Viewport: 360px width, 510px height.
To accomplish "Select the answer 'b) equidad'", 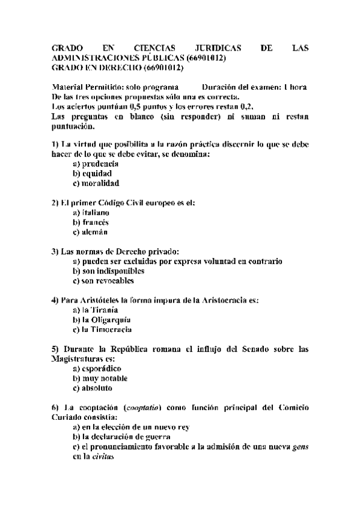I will point(92,173).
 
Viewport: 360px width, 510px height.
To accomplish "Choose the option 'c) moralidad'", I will point(96,183).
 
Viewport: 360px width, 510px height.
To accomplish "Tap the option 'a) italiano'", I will point(90,212).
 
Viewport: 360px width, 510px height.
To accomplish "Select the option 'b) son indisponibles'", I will point(108,271).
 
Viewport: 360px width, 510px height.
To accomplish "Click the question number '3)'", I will point(55,251).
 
